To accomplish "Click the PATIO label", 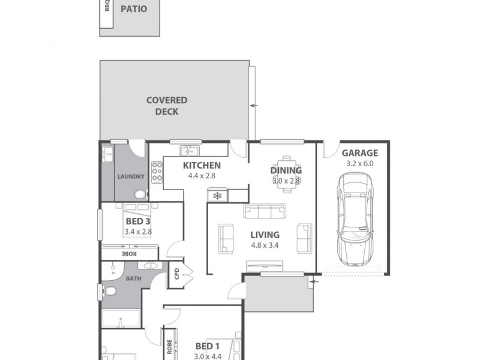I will (x=133, y=9).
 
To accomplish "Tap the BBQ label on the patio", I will (x=107, y=6).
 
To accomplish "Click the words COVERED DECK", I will (x=167, y=106).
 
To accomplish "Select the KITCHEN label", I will (x=202, y=166).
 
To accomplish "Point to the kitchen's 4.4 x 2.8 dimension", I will (x=202, y=176).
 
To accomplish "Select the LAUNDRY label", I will (x=130, y=176).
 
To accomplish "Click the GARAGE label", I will (x=359, y=153).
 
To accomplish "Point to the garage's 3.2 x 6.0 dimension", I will (x=359, y=163).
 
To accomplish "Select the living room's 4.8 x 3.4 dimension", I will (x=264, y=245).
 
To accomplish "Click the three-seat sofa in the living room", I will (x=264, y=211).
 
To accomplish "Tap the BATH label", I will (x=133, y=278).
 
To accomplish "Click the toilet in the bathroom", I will (x=109, y=291).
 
